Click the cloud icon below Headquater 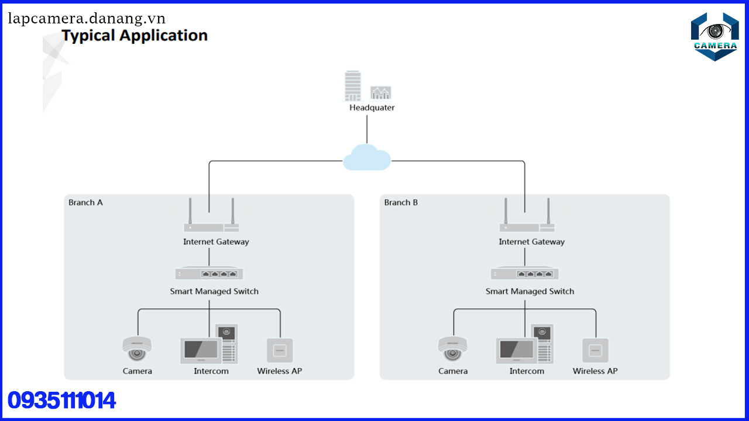pyautogui.click(x=367, y=157)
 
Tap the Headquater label pyautogui.click(x=372, y=108)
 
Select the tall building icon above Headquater pyautogui.click(x=353, y=85)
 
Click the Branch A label pyautogui.click(x=85, y=202)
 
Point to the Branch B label pyautogui.click(x=401, y=202)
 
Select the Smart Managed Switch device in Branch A pyautogui.click(x=209, y=273)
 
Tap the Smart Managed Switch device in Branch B pyautogui.click(x=524, y=273)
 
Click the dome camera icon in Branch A pyautogui.click(x=137, y=349)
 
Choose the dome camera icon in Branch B pyautogui.click(x=452, y=349)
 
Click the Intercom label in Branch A pyautogui.click(x=211, y=371)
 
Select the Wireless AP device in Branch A pyautogui.click(x=280, y=350)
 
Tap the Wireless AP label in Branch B pyautogui.click(x=595, y=371)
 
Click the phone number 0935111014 pyautogui.click(x=61, y=401)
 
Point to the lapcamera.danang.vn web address pyautogui.click(x=87, y=18)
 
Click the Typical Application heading pyautogui.click(x=135, y=36)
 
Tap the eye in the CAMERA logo pyautogui.click(x=714, y=31)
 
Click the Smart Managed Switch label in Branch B pyautogui.click(x=530, y=291)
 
